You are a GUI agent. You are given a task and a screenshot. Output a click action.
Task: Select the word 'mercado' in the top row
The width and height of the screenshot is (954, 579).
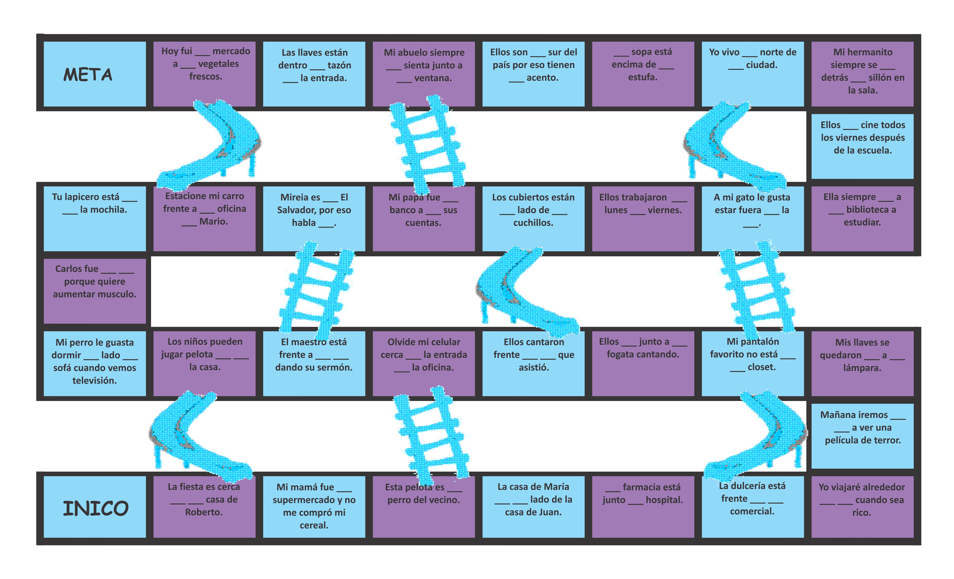pos(231,51)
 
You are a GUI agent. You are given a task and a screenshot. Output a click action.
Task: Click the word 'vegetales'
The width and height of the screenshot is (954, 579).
pos(218,64)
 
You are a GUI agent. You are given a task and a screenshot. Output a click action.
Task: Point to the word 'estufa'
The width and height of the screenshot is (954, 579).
pos(642,77)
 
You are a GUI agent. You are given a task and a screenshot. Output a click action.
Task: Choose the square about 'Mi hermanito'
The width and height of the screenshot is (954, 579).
pos(862,74)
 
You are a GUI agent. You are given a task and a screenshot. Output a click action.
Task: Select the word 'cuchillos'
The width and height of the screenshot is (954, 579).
pos(533,223)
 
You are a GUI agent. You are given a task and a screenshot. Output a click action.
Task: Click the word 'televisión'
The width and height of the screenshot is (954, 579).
pos(94,381)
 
